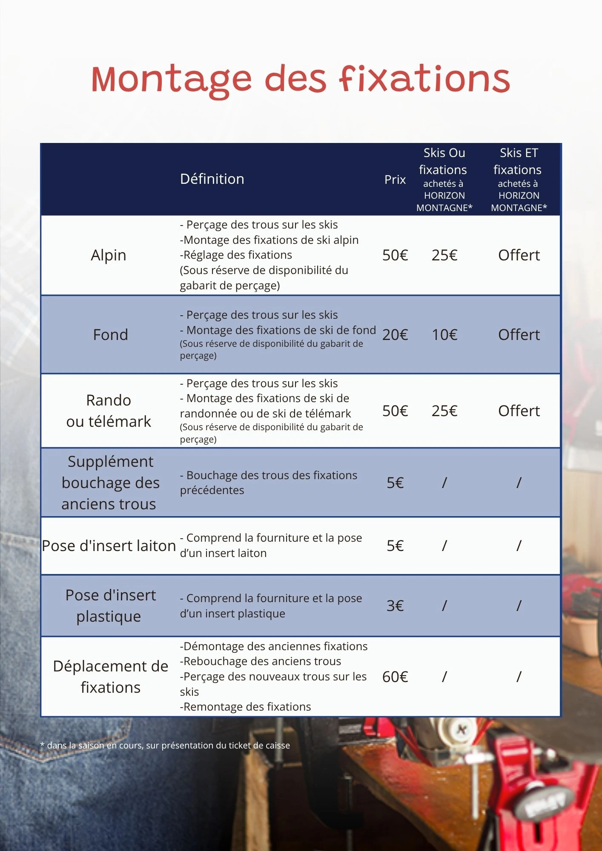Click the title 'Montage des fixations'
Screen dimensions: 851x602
click(301, 80)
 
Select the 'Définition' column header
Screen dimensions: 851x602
click(212, 179)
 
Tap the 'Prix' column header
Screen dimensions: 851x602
click(395, 180)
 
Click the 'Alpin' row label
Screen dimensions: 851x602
click(109, 255)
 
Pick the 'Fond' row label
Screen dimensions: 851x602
click(110, 335)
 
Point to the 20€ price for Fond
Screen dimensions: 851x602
click(395, 335)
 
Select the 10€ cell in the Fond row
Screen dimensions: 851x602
click(444, 335)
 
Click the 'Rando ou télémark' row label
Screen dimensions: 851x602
click(109, 411)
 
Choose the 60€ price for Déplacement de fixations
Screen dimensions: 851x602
click(395, 677)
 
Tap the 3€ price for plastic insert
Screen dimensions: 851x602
click(395, 606)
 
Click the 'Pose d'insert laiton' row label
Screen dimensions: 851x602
click(109, 546)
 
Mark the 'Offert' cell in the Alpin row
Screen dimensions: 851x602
click(519, 255)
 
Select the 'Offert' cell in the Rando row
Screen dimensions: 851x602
click(519, 411)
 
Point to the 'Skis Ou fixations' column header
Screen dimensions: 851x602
click(444, 179)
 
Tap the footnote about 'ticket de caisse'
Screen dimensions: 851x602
click(165, 745)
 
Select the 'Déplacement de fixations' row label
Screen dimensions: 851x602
click(110, 677)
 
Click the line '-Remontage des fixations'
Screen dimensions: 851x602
click(246, 707)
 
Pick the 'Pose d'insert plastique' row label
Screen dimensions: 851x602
click(110, 606)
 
